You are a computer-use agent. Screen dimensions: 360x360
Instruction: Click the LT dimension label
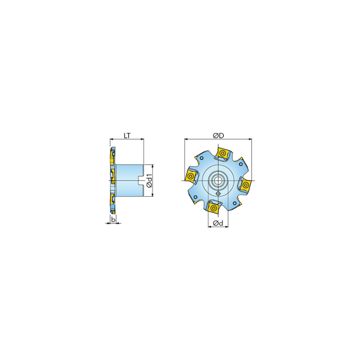127,136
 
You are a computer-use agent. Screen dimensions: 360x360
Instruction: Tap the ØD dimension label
218,136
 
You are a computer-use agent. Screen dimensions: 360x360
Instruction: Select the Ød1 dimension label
149,181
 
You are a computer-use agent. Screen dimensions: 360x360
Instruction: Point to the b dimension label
113,220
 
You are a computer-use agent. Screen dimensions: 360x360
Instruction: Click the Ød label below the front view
218,223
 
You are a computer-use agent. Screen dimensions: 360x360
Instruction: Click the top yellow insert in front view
222,153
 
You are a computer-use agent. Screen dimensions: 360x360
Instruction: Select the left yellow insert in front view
191,176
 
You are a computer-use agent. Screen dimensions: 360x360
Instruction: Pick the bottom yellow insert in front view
214,208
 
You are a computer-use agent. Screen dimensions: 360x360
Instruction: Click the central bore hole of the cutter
218,180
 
